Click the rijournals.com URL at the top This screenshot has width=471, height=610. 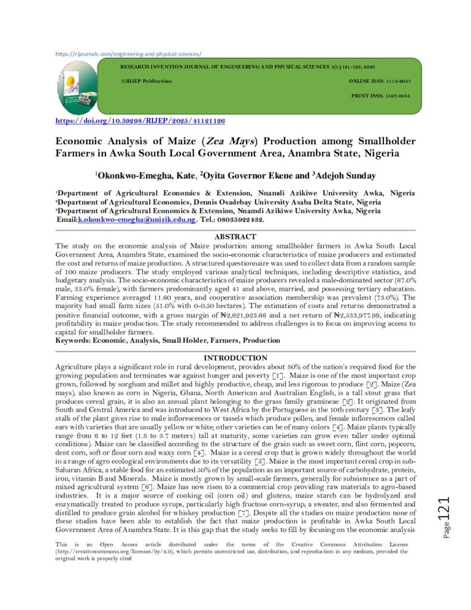pyautogui.click(x=128, y=54)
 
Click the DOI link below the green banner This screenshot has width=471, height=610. pyautogui.click(x=140, y=120)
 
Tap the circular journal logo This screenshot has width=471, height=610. pyautogui.click(x=78, y=86)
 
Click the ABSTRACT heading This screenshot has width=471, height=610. pyautogui.click(x=235, y=236)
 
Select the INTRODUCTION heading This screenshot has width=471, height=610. pyautogui.click(x=235, y=357)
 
